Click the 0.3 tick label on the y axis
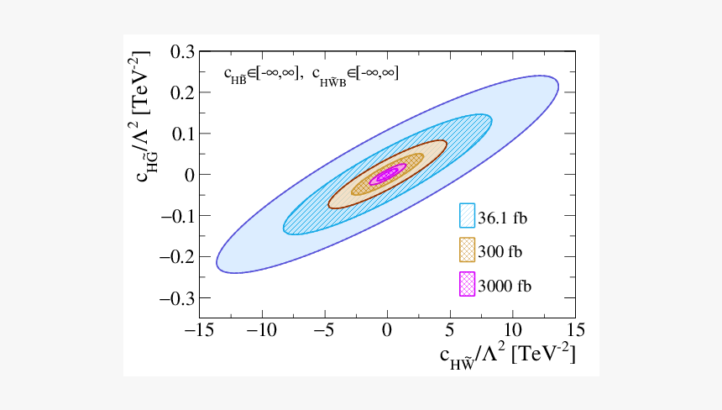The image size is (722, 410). pyautogui.click(x=181, y=52)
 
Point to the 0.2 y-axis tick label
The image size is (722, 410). pyautogui.click(x=181, y=92)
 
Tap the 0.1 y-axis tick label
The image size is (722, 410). pyautogui.click(x=181, y=134)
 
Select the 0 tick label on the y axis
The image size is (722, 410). pyautogui.click(x=189, y=175)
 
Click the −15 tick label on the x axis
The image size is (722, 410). pyautogui.click(x=199, y=329)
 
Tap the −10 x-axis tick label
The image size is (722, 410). pyautogui.click(x=262, y=329)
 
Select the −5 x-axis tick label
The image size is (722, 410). pyautogui.click(x=324, y=329)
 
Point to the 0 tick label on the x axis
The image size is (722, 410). pyautogui.click(x=387, y=329)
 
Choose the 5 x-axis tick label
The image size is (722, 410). pyautogui.click(x=449, y=329)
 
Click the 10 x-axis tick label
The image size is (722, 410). pyautogui.click(x=512, y=329)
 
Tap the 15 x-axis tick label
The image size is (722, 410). pyautogui.click(x=574, y=329)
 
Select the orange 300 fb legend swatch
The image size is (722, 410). pyautogui.click(x=468, y=250)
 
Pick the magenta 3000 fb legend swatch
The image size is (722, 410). pyautogui.click(x=468, y=285)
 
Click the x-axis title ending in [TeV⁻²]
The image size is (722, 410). pyautogui.click(x=507, y=356)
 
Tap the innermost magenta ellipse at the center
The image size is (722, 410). pyautogui.click(x=387, y=175)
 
